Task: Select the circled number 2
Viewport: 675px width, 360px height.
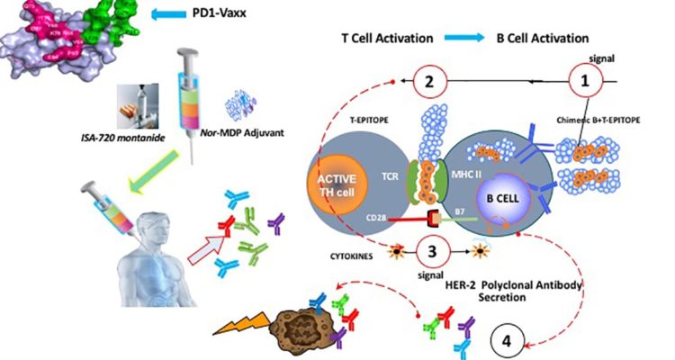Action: [x=430, y=82]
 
